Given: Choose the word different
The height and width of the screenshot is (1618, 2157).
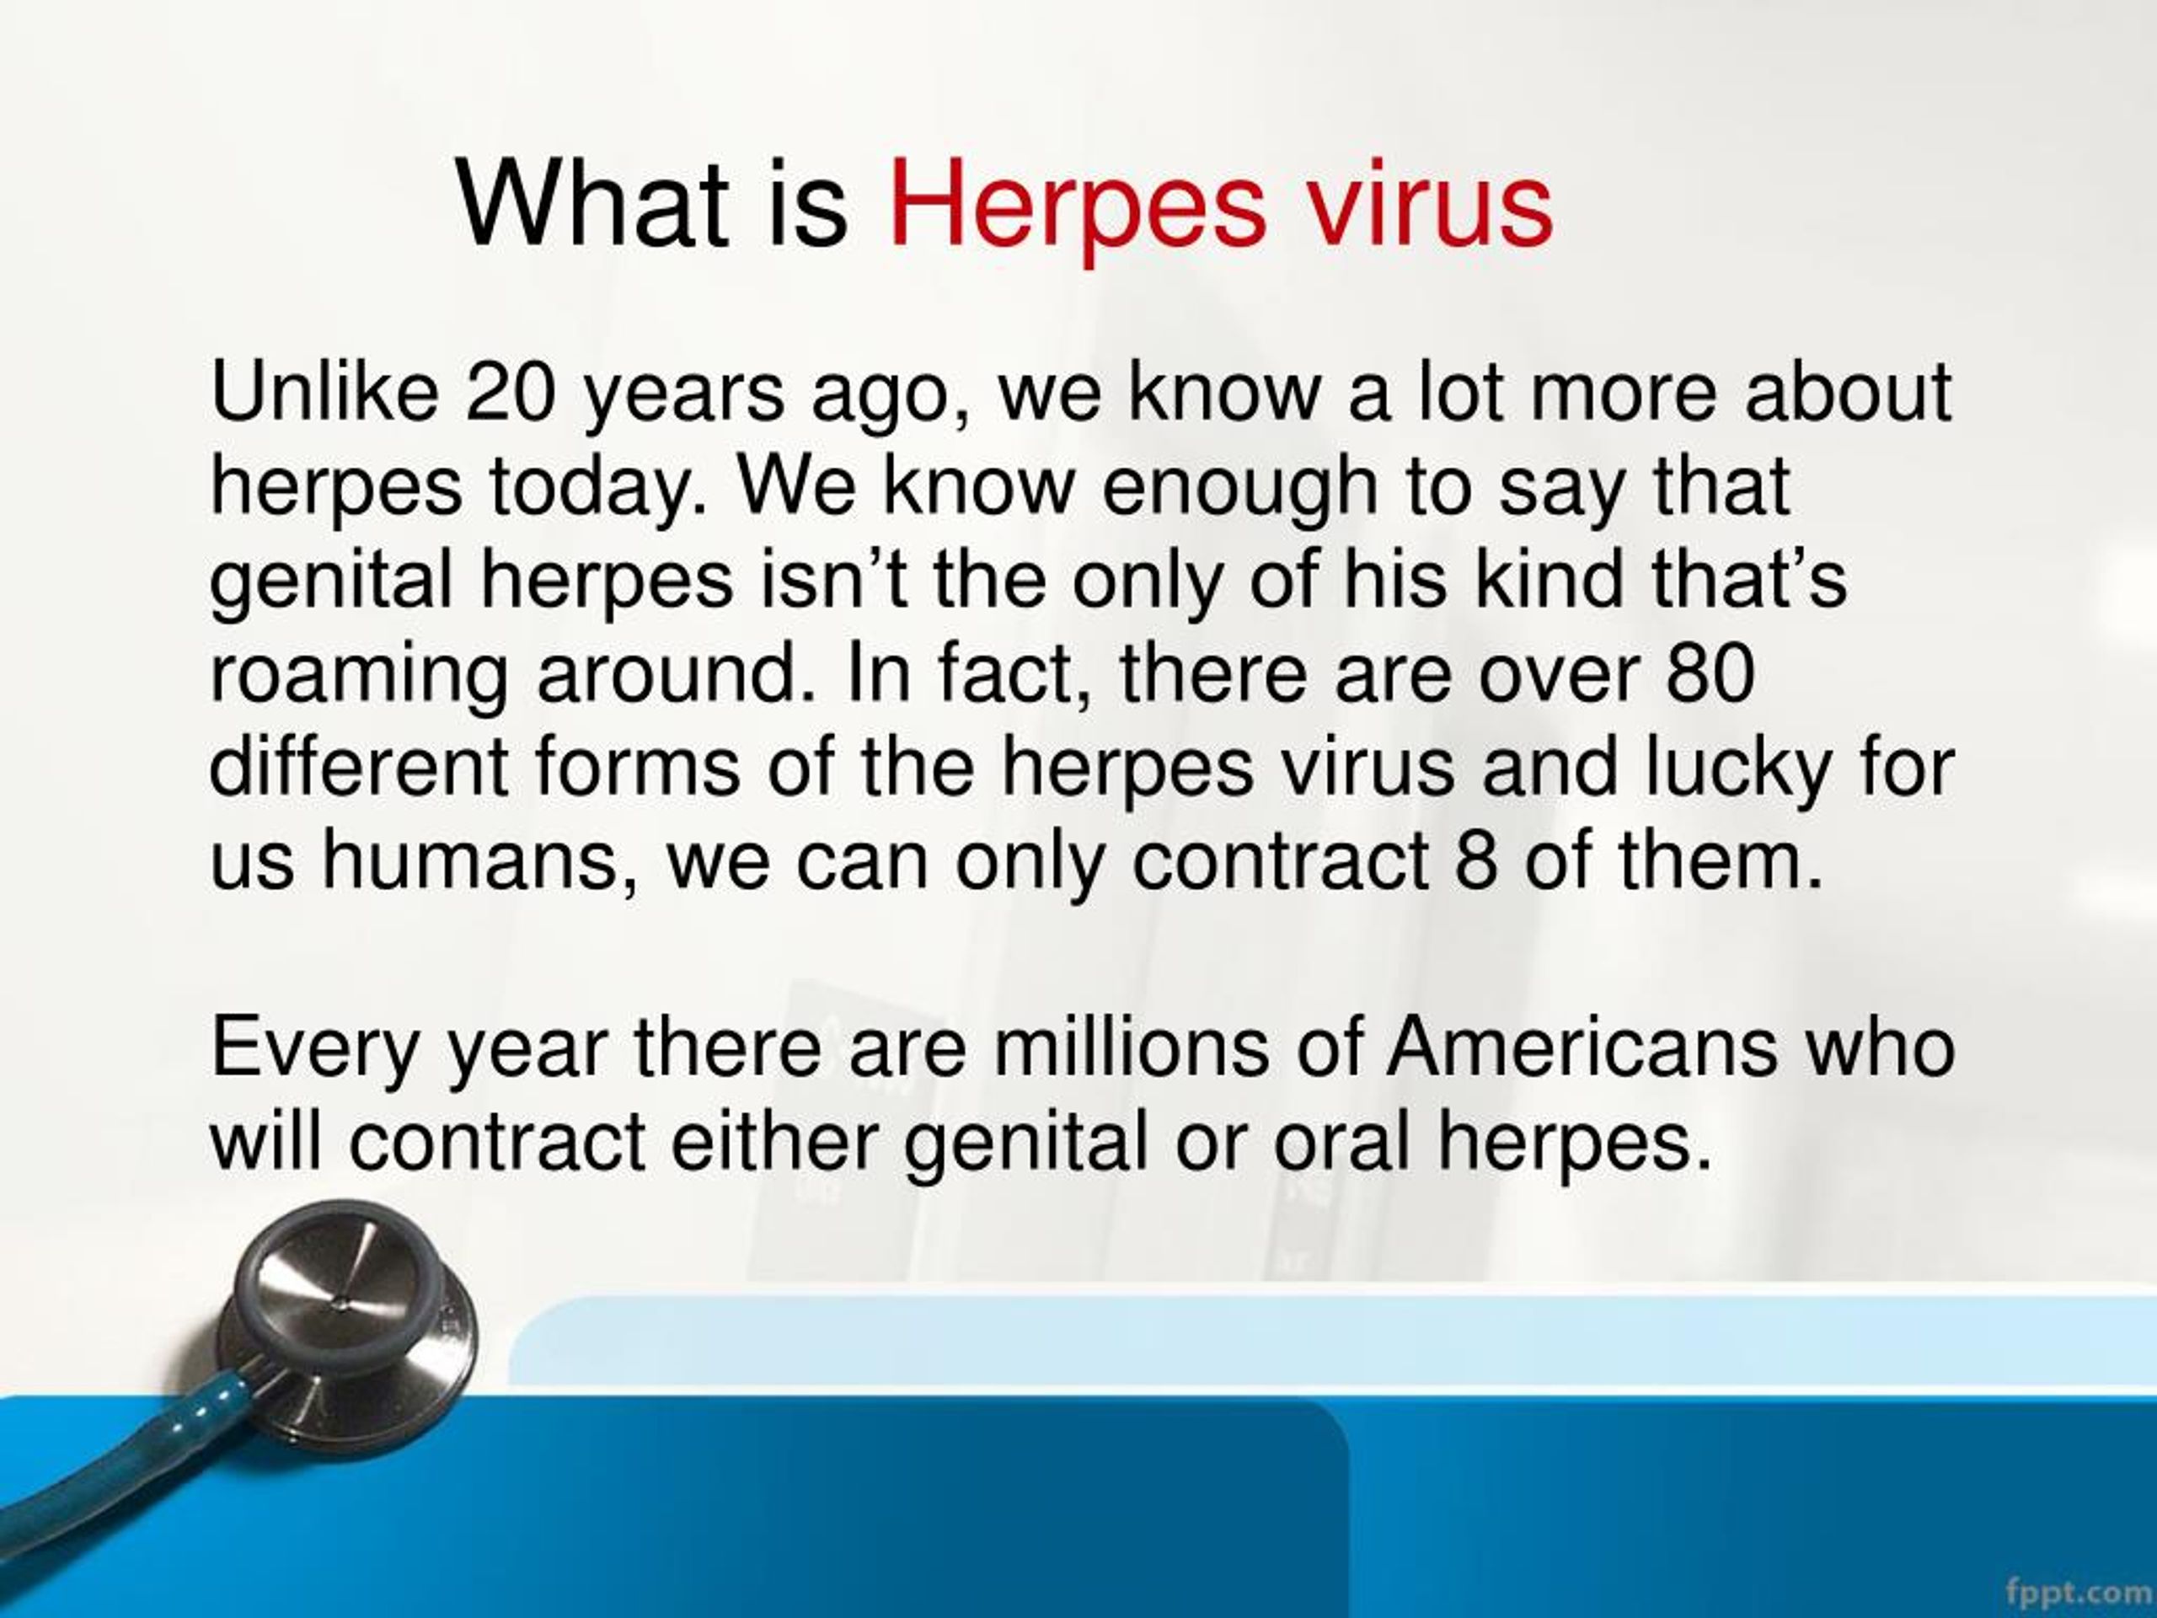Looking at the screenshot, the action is click(x=359, y=768).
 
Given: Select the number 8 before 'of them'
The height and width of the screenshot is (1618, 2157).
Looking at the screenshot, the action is click(x=1475, y=862).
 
